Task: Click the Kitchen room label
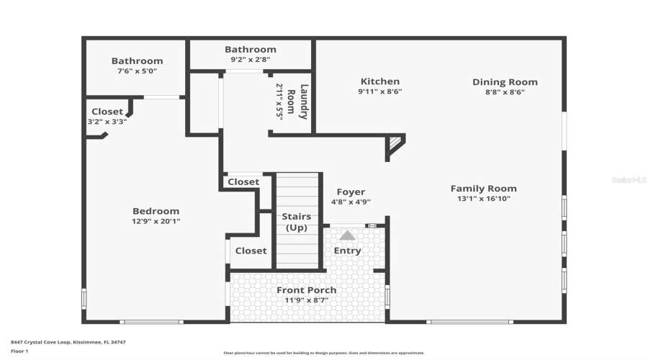click(379, 82)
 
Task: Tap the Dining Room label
click(505, 82)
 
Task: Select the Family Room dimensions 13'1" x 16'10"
click(483, 199)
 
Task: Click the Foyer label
click(351, 192)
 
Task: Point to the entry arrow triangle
click(347, 235)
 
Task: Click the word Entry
click(347, 251)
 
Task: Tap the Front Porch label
click(307, 290)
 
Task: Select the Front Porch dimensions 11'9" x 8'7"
click(307, 300)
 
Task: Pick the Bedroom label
click(156, 211)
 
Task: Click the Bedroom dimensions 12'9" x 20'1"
click(156, 221)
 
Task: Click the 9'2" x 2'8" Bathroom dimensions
click(250, 60)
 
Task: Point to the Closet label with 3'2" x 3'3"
click(107, 112)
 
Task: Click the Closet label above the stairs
click(243, 182)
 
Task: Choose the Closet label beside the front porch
click(251, 251)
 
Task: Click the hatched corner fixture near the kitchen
click(394, 143)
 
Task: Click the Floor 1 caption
click(19, 351)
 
